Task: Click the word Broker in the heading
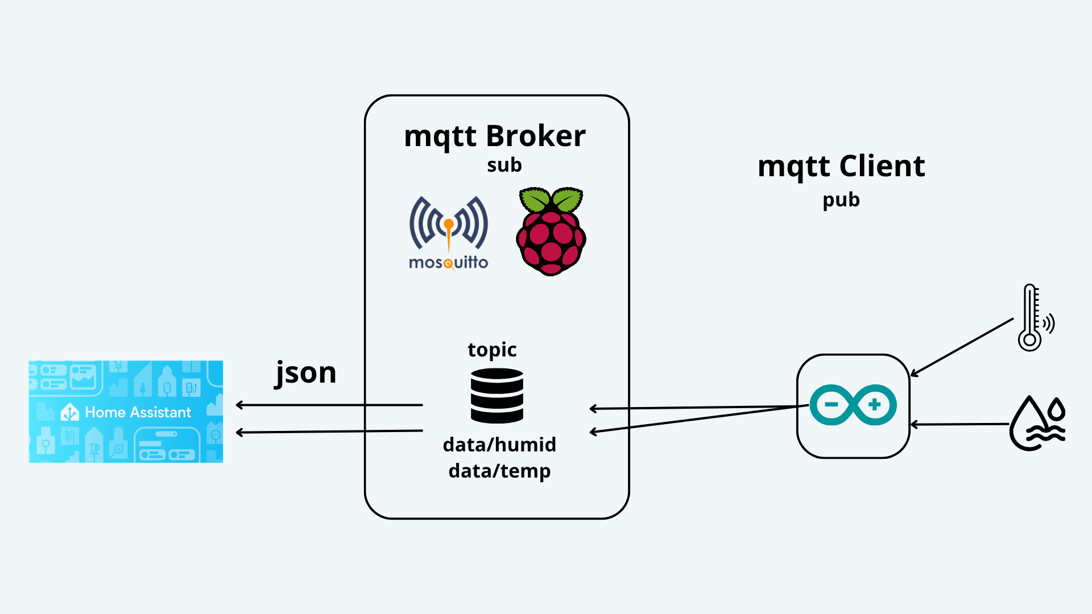(536, 136)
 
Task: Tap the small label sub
(504, 165)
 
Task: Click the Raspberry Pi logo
(551, 231)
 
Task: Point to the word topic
(492, 350)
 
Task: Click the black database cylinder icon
(497, 396)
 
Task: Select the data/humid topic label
(499, 445)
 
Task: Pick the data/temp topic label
(499, 471)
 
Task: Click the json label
(305, 374)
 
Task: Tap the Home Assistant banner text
(138, 412)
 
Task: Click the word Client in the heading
(882, 166)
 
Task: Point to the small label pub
(841, 200)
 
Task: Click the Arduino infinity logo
(853, 405)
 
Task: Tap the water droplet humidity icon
(1037, 423)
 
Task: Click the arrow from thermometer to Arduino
(962, 347)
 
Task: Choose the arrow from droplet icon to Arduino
(959, 424)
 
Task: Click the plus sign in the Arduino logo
(875, 405)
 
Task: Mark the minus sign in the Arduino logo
(832, 405)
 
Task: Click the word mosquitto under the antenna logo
(449, 263)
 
